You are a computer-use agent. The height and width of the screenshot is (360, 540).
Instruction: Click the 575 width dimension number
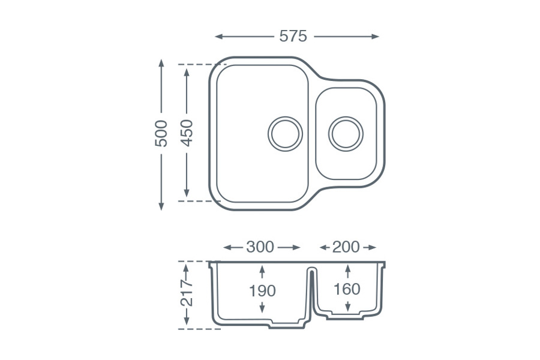pos(293,37)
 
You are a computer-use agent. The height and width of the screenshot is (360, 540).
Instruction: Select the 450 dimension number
pos(187,133)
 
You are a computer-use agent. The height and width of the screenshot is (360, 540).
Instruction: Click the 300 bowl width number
pos(260,247)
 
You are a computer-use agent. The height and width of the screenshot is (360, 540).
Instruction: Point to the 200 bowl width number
pos(346,247)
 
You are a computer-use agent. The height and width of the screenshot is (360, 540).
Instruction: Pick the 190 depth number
pos(262,291)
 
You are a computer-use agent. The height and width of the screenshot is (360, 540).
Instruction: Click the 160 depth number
pos(347,289)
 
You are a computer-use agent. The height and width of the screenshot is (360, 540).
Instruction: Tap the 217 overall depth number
pos(187,293)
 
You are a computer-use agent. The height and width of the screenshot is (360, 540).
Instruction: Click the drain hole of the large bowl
pos(285,133)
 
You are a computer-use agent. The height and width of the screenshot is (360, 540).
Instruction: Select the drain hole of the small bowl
pos(346,133)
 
